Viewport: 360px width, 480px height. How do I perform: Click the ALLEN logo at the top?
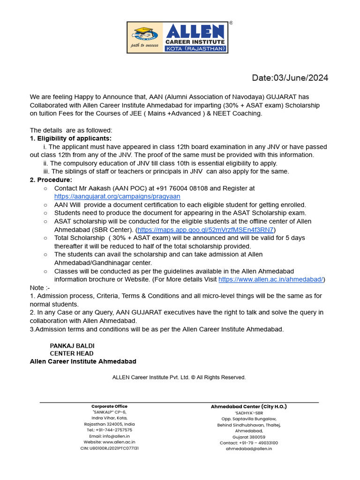pos(178,37)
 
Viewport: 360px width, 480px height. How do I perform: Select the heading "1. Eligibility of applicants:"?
pos(71,138)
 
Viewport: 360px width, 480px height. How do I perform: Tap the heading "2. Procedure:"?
pos(51,180)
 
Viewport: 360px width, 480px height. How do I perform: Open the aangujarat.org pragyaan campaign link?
pos(117,196)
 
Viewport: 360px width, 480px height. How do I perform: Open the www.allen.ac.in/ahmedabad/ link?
pos(271,279)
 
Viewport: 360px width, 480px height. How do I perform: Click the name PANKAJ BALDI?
pos(72,345)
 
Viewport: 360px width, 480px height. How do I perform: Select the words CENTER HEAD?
pos(72,353)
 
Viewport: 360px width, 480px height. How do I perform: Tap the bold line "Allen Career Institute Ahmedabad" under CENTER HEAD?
pos(83,361)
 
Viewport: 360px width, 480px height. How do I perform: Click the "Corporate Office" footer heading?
pos(109,406)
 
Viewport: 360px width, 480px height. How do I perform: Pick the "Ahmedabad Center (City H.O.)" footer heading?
pos(248,406)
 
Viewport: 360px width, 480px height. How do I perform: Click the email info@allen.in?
pos(109,436)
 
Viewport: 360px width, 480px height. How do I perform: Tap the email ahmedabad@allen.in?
pos(248,449)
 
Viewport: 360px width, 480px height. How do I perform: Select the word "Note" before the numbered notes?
pos(37,287)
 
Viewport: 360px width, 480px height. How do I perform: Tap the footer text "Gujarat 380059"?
pos(248,436)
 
